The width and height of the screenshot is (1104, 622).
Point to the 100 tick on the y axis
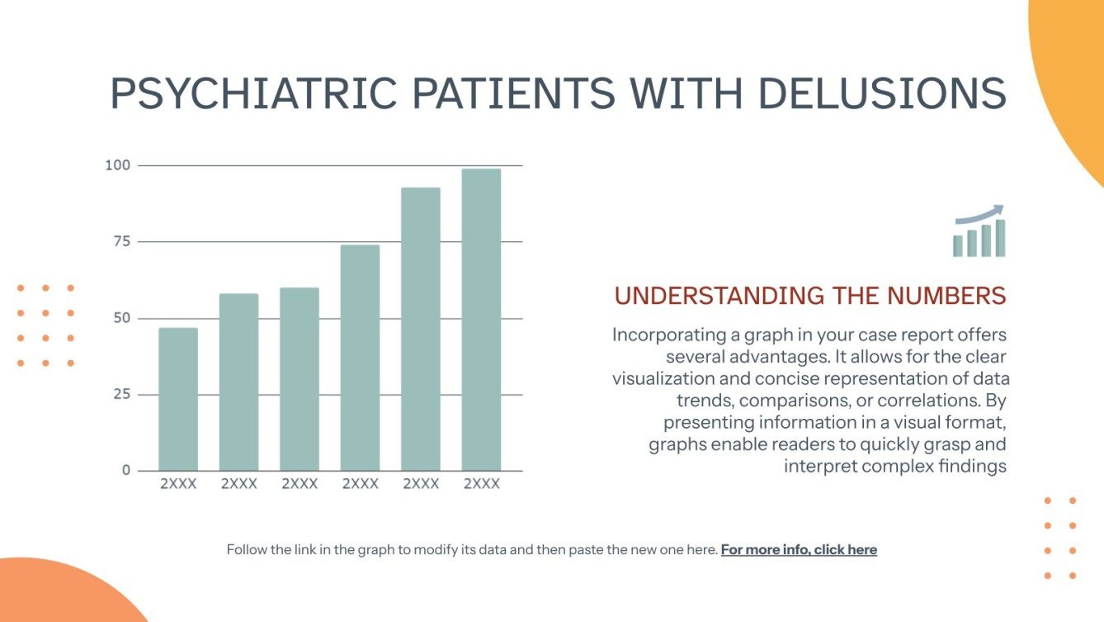tap(117, 165)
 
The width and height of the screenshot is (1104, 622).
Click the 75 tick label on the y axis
tap(121, 241)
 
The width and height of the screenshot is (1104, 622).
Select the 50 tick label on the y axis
tap(121, 318)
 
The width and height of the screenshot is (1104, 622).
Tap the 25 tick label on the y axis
tap(121, 394)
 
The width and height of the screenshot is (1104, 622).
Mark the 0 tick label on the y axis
tap(126, 470)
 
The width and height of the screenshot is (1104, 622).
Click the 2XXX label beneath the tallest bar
tap(481, 484)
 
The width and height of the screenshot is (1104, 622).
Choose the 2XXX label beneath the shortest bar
tap(178, 484)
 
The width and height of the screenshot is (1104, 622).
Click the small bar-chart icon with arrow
tap(979, 231)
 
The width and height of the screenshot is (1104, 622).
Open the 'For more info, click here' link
tap(799, 549)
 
